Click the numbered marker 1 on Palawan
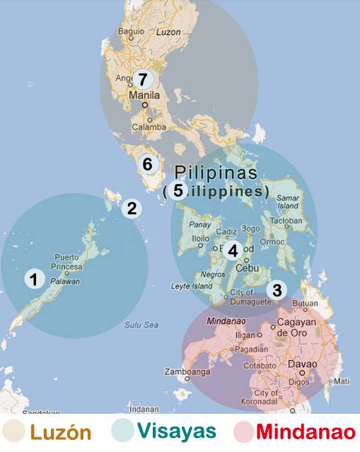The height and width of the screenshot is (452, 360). point(33,279)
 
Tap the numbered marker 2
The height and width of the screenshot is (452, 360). point(131,208)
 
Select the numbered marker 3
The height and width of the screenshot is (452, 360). point(277,289)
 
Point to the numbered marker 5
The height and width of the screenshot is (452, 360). point(178,190)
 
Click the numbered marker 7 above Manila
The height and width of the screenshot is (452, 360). point(144,79)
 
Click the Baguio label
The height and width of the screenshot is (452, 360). point(131,32)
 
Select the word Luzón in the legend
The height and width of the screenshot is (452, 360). point(60,431)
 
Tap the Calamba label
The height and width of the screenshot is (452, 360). point(151,127)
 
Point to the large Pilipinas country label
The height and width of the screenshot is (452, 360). point(216,172)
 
